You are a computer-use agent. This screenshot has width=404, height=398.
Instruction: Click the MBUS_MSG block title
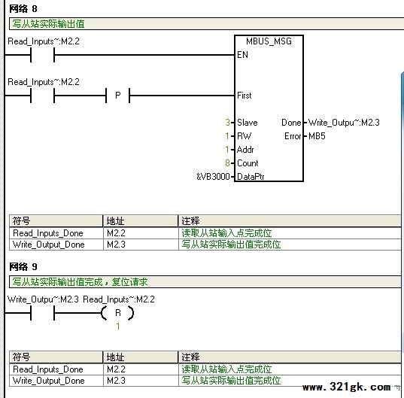click(x=269, y=41)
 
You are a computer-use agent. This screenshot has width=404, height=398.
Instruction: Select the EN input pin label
click(x=242, y=55)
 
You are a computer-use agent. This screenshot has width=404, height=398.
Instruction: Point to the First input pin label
click(x=244, y=96)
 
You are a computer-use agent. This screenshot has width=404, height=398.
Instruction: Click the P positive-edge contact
click(x=118, y=96)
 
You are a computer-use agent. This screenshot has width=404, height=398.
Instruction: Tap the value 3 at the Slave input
click(x=227, y=123)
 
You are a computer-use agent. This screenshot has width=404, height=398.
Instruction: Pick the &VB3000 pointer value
click(x=213, y=177)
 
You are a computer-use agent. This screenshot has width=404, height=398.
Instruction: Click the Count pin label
click(x=248, y=163)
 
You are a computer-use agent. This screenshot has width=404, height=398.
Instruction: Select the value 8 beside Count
click(x=227, y=163)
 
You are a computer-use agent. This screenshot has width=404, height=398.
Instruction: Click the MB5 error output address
click(x=317, y=135)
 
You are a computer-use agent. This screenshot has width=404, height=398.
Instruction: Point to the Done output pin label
click(x=291, y=123)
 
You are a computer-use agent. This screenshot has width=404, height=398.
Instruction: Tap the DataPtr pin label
click(x=251, y=177)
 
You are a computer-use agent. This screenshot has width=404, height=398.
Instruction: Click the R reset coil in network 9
click(x=118, y=313)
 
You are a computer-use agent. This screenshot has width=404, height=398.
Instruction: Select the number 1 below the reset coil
click(x=118, y=327)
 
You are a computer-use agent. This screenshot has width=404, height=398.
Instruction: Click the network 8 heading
click(x=23, y=9)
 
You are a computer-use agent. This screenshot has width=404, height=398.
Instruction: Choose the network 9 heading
click(x=23, y=267)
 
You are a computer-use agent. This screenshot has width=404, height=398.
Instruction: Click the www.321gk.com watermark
click(x=347, y=387)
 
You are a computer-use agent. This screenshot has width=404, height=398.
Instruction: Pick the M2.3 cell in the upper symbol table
click(x=116, y=245)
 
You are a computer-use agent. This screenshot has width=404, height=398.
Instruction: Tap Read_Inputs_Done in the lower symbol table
click(x=48, y=369)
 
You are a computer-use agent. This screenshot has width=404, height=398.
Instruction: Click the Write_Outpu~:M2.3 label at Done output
click(x=344, y=123)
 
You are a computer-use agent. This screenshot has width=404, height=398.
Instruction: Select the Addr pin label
click(x=245, y=150)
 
